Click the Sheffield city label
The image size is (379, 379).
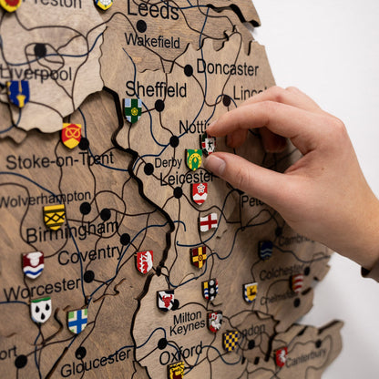tap(156, 89)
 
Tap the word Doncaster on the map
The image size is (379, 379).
tap(227, 67)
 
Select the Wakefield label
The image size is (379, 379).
tap(152, 41)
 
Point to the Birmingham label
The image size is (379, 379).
tap(72, 233)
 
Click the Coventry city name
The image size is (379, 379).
tap(89, 256)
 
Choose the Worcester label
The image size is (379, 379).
tap(42, 290)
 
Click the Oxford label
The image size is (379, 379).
tap(180, 353)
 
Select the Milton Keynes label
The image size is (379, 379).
tap(188, 321)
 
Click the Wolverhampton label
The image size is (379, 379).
tap(46, 197)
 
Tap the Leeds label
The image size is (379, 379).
tap(153, 11)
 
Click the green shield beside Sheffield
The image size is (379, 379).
tap(133, 110)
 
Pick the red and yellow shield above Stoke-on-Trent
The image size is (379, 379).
tap(71, 135)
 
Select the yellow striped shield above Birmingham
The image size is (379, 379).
tap(55, 216)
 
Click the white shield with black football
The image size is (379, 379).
tap(41, 310)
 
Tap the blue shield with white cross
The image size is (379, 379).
tap(77, 320)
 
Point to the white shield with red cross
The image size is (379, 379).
tap(209, 221)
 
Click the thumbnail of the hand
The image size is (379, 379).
tap(215, 165)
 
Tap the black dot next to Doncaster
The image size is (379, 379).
tap(189, 70)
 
